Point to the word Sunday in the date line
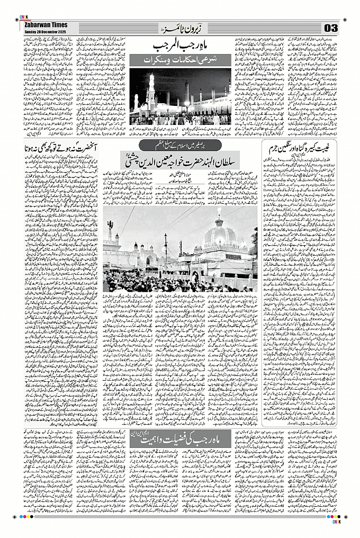31,31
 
